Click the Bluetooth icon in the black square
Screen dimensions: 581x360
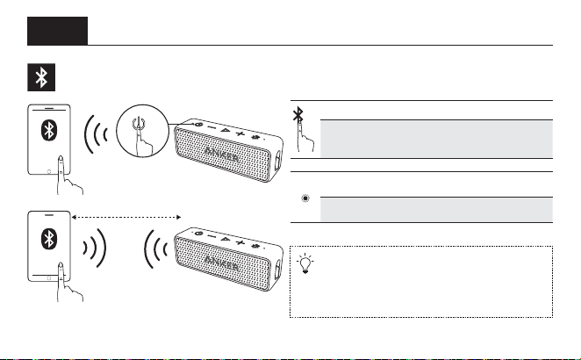click(41, 77)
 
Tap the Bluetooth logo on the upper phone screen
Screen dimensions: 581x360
click(49, 130)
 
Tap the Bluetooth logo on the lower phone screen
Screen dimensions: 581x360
click(49, 239)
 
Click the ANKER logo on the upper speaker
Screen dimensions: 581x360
click(221, 155)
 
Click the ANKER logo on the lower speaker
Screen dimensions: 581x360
click(221, 263)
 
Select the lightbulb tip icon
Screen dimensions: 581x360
click(305, 263)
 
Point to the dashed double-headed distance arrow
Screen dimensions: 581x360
click(126, 217)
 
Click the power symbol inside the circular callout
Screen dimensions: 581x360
click(138, 123)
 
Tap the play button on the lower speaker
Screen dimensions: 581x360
click(225, 239)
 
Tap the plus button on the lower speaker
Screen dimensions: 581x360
click(240, 242)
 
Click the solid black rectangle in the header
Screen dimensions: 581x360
click(57, 31)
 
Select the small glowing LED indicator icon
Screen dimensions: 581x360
click(305, 198)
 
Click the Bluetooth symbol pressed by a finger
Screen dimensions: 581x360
click(298, 114)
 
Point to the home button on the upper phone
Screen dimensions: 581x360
click(49, 171)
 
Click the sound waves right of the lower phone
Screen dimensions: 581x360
click(95, 248)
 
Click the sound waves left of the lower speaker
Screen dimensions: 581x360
click(155, 249)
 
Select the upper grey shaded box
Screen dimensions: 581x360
click(436, 139)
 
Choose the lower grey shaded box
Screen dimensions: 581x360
click(436, 210)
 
